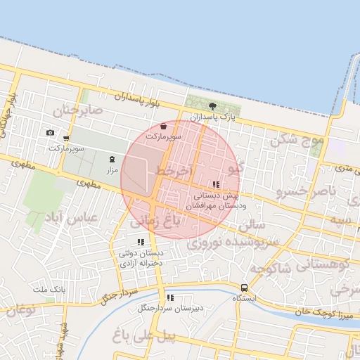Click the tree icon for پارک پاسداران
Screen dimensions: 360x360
tap(213, 105)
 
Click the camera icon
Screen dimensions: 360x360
tap(50, 133)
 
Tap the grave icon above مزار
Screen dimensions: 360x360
tap(112, 160)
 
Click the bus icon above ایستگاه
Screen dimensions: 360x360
tap(244, 288)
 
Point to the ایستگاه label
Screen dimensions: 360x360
tap(244, 298)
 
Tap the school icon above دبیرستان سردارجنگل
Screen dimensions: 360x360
tap(170, 297)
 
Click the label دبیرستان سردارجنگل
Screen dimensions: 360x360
tap(170, 308)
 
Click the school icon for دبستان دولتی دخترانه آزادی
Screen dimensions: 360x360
tap(141, 243)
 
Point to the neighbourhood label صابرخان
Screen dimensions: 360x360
tap(78, 110)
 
